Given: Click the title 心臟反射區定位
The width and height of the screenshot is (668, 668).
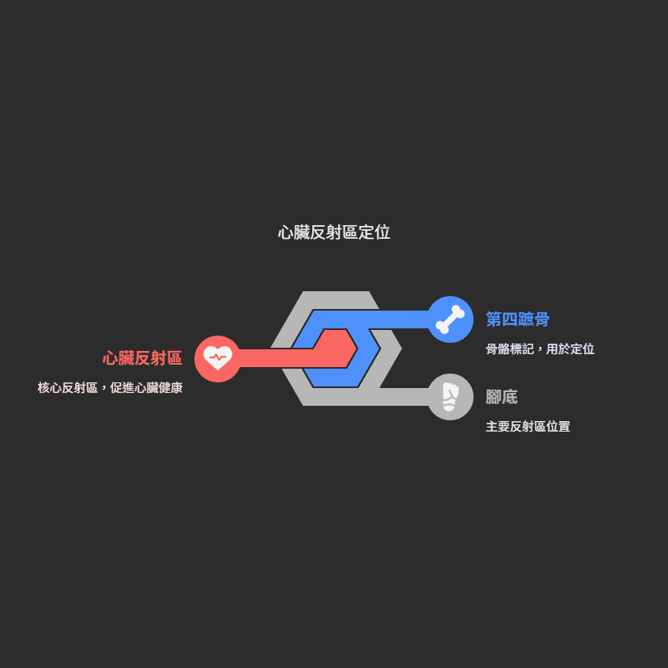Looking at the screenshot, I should [x=334, y=232].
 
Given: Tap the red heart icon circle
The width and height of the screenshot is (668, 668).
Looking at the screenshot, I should [x=217, y=358].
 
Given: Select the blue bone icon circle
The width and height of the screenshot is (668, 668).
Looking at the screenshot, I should [x=450, y=319].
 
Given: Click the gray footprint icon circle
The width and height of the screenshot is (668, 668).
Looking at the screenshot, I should [x=450, y=397].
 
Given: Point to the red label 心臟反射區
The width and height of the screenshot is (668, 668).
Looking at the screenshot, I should [x=142, y=358].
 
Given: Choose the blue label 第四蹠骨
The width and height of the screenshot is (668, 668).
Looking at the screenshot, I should [x=517, y=319].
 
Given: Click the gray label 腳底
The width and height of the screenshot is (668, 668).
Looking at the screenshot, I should [x=501, y=397].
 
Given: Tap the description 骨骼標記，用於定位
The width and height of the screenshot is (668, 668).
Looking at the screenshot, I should [x=540, y=349].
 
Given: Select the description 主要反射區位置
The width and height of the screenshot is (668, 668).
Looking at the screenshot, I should [x=528, y=427].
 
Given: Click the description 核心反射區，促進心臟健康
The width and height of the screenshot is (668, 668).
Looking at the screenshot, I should [x=110, y=388].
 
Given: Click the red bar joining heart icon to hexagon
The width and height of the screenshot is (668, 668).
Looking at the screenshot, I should [x=274, y=358].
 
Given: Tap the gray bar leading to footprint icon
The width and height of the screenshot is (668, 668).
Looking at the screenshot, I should [x=403, y=397].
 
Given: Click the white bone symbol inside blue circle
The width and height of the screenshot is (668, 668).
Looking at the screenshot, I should [x=450, y=319].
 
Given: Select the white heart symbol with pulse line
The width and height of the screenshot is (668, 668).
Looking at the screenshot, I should [x=217, y=357].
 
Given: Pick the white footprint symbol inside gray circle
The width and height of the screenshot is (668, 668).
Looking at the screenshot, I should [x=449, y=397].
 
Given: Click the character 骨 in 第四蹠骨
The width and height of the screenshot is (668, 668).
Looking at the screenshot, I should [x=541, y=319].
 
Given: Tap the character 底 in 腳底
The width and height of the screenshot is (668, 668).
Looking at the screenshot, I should [x=509, y=397].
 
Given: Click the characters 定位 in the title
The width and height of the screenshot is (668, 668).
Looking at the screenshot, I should [x=374, y=232].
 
